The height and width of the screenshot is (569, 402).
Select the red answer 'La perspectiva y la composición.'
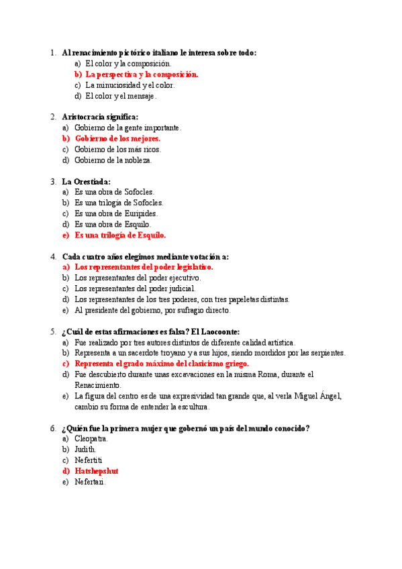[142, 74]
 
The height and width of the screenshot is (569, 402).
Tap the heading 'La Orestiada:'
[86, 181]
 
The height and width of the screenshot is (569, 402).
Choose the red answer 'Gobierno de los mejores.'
[117, 138]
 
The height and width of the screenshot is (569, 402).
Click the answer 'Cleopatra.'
[91, 439]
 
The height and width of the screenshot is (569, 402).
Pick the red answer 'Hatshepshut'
[96, 471]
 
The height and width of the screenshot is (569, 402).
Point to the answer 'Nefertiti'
[89, 460]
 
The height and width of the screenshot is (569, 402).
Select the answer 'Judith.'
[85, 450]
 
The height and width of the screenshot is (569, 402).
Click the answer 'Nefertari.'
[90, 482]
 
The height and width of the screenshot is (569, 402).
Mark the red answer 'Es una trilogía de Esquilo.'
[120, 235]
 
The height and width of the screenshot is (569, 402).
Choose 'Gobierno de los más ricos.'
[117, 149]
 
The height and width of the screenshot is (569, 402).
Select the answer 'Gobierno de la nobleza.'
[113, 160]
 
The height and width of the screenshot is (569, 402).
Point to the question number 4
[53, 256]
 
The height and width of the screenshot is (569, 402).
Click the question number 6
[53, 428]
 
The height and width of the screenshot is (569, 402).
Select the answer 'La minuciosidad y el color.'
[130, 85]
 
